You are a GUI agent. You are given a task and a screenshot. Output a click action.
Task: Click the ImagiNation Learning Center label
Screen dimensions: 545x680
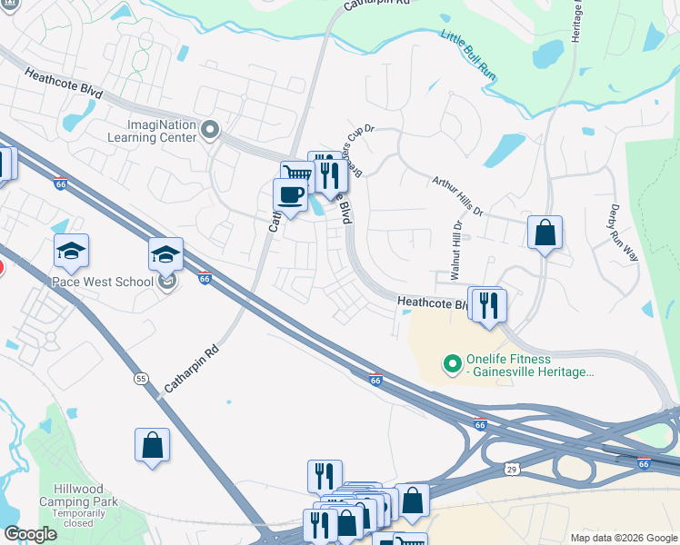[162, 131]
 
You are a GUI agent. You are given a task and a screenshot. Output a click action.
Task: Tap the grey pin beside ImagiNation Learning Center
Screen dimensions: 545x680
[210, 131]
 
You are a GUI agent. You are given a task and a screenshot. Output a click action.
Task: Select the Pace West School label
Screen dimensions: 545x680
[102, 282]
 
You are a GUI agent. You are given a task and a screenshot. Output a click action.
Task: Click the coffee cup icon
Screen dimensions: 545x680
[290, 196]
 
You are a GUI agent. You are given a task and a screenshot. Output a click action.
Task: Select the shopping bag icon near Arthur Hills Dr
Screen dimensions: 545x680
[544, 233]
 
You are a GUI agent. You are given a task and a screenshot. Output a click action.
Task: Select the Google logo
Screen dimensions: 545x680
[31, 534]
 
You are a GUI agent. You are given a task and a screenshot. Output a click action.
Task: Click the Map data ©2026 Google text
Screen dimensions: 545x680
[624, 537]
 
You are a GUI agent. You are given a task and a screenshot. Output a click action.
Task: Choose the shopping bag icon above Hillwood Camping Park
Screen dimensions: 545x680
[152, 446]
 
